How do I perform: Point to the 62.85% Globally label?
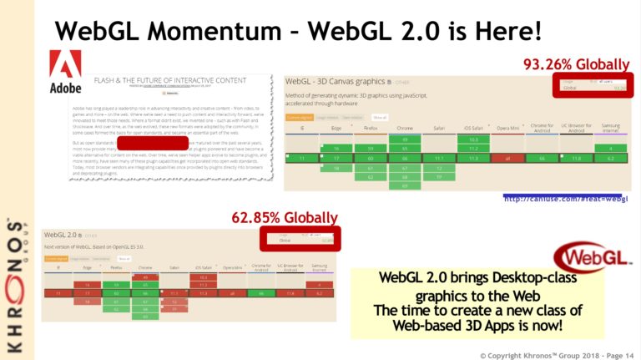285,219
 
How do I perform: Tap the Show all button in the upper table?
380,117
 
